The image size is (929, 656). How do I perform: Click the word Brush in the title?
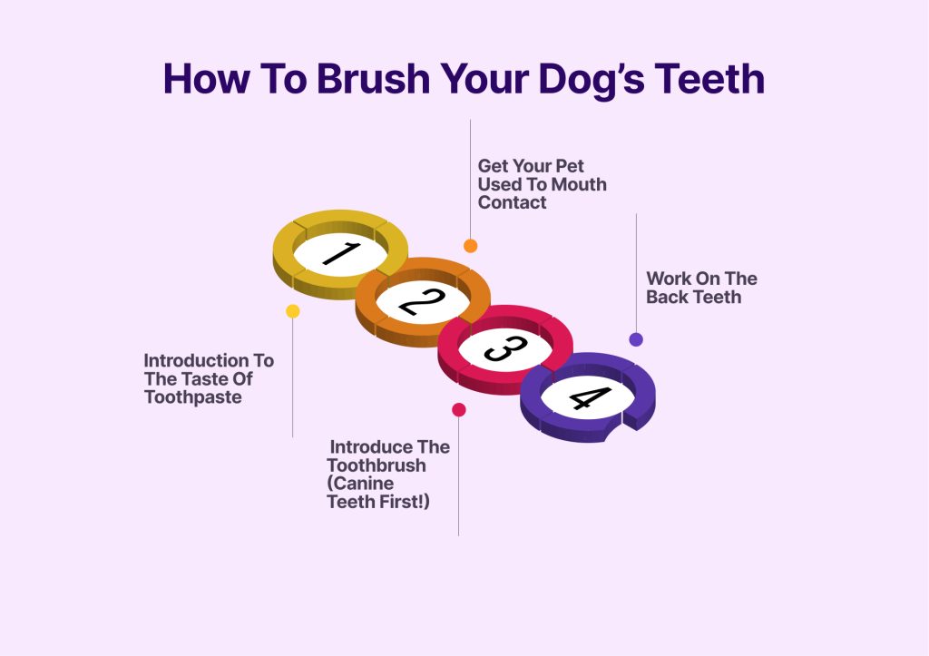(x=373, y=79)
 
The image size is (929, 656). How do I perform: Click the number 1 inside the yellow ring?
(x=340, y=254)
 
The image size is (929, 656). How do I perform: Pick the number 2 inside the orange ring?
(x=423, y=301)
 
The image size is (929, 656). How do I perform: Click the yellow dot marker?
(x=292, y=311)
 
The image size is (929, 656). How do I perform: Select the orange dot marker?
(x=470, y=246)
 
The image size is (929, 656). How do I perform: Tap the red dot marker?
(x=459, y=410)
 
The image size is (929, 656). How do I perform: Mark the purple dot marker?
(x=636, y=339)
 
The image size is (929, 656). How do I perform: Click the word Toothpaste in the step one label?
(x=192, y=397)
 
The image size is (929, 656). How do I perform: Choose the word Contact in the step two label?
(x=512, y=202)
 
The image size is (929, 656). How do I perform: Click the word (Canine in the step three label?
(x=360, y=483)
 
